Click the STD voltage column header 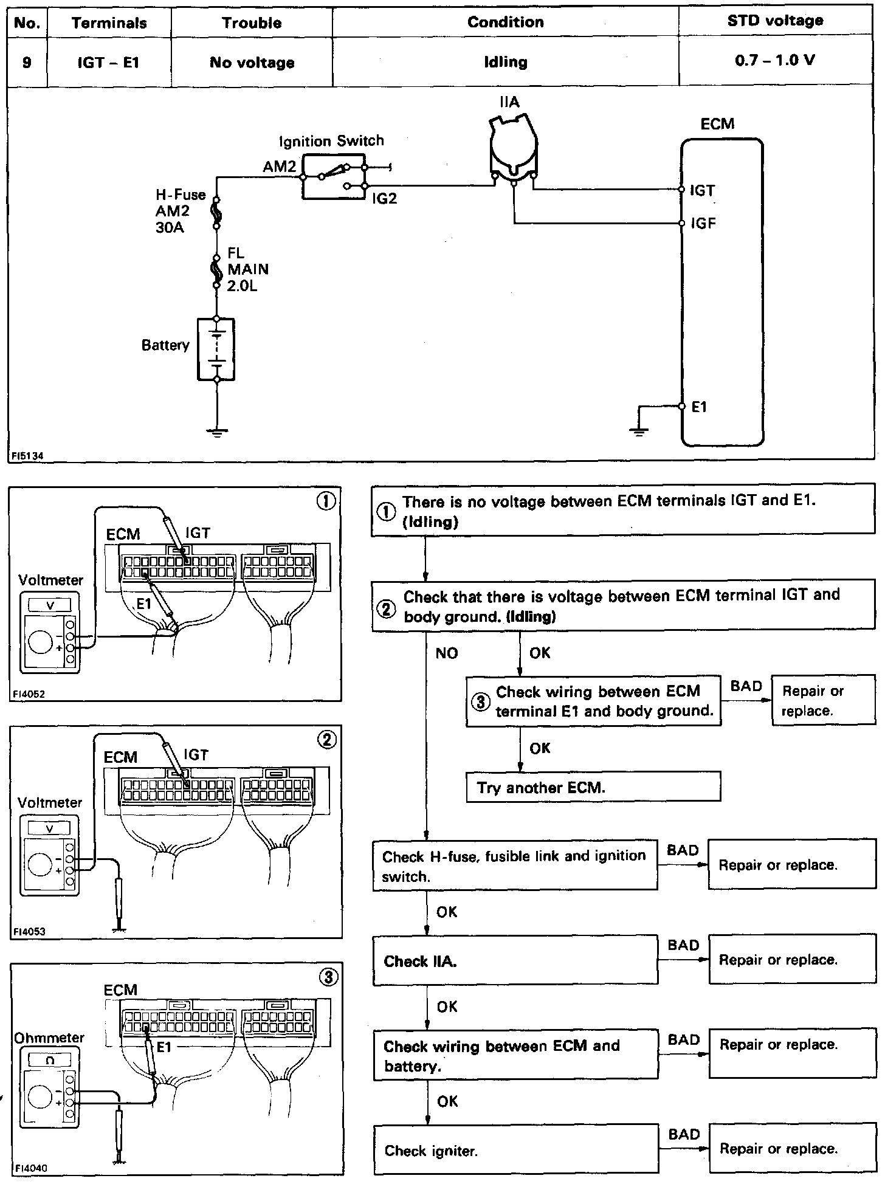coord(775,21)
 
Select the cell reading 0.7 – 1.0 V coord(775,61)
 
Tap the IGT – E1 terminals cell coord(109,62)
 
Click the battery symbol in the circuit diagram coord(216,349)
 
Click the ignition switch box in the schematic coord(334,176)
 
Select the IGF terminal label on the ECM coord(703,224)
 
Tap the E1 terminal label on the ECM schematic coord(700,407)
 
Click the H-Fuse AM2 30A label coord(181,211)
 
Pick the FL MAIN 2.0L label coord(247,269)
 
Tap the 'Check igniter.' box coord(515,1150)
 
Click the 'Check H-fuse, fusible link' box coord(514,866)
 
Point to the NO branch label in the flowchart coord(447,653)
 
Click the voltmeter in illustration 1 coord(50,635)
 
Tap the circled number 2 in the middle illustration coord(327,740)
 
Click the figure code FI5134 coord(26,455)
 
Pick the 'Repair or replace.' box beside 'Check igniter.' coord(791,1148)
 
